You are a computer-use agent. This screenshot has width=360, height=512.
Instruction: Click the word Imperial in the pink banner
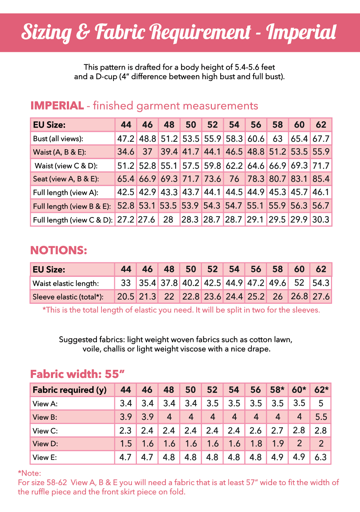(301, 32)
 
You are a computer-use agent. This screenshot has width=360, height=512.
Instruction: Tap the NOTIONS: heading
(59, 250)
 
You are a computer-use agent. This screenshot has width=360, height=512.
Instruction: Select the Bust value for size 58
(278, 139)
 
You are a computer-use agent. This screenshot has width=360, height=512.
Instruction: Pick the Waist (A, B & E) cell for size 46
(147, 152)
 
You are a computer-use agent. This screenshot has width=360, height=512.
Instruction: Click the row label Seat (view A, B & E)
(66, 179)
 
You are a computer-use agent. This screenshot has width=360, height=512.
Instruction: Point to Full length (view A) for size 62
(321, 192)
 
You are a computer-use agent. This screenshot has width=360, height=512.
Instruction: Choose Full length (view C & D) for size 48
(169, 220)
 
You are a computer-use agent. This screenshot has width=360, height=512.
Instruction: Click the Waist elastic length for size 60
(299, 283)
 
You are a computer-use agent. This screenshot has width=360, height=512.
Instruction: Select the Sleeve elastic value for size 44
(126, 296)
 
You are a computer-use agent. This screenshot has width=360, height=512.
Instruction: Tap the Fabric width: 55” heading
(77, 374)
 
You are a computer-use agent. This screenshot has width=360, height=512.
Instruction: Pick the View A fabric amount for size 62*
(321, 403)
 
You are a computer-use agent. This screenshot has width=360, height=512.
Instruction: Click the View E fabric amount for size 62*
(321, 457)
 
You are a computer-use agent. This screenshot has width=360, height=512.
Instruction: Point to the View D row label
(45, 444)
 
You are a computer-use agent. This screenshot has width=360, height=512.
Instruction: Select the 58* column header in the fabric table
(277, 390)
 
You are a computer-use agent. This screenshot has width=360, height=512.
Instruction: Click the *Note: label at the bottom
(29, 473)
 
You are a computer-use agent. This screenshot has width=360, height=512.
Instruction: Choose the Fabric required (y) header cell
(70, 390)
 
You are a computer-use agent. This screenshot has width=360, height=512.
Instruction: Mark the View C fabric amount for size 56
(256, 431)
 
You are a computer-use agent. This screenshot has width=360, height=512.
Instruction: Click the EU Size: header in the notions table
(49, 269)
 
